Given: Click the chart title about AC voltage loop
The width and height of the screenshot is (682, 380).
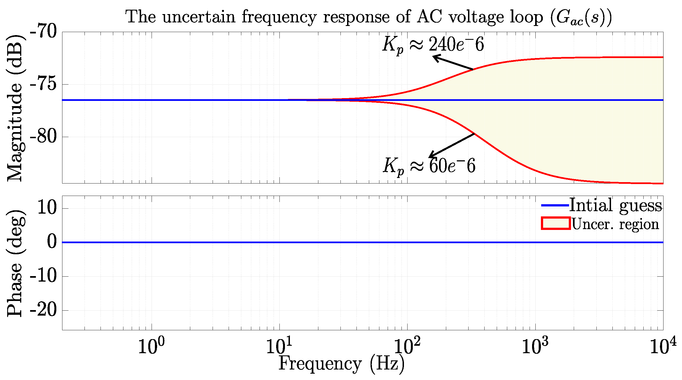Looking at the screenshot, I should (x=369, y=17).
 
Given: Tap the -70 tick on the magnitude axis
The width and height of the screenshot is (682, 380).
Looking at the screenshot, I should (x=43, y=32).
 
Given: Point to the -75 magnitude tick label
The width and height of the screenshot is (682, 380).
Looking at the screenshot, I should (x=43, y=84).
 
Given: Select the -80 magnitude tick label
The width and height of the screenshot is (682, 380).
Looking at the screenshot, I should (x=43, y=137).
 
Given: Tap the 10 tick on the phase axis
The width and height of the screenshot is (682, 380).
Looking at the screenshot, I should (x=47, y=208).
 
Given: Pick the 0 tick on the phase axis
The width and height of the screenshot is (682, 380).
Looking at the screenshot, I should (x=52, y=242).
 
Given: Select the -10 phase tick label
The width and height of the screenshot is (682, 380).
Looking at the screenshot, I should (x=43, y=276).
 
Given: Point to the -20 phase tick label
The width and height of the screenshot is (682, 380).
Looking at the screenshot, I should (x=43, y=310).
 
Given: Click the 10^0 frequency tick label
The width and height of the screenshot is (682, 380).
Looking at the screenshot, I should (x=151, y=346).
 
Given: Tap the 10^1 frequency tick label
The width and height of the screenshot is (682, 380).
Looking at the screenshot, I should (x=279, y=346).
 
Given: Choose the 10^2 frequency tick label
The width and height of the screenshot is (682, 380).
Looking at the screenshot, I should (x=407, y=346).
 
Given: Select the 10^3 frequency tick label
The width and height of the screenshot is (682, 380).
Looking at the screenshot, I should (x=535, y=346).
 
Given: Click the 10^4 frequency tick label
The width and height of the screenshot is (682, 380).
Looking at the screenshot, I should (x=663, y=346).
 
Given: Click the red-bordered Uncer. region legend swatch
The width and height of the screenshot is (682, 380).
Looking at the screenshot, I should (x=556, y=223).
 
